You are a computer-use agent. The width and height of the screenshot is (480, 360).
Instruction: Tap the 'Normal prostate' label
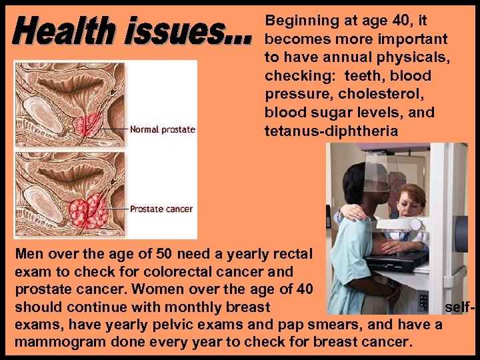coord(162,129)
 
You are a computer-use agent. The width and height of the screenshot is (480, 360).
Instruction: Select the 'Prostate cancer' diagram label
coord(161,209)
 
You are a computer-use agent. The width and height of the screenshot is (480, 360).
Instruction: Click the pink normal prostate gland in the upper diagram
coord(89,124)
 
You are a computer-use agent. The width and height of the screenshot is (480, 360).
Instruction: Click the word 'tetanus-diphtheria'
coord(331,131)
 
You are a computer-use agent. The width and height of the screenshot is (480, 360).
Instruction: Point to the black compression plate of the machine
coord(397,259)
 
